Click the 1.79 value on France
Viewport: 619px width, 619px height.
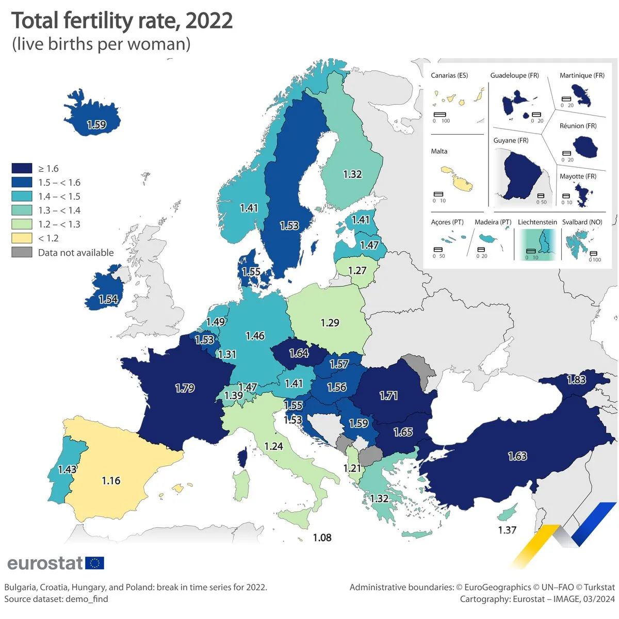(185, 388)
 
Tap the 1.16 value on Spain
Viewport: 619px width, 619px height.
(111, 481)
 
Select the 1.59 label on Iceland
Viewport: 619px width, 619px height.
(96, 125)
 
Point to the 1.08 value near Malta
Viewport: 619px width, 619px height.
(322, 538)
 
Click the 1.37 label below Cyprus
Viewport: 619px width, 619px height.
(507, 530)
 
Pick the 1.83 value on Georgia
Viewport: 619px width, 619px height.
(576, 380)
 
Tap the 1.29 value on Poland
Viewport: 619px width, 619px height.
(330, 323)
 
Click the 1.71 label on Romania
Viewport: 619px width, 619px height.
(388, 396)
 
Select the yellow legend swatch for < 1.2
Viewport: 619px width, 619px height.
(22, 238)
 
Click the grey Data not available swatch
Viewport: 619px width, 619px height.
(22, 252)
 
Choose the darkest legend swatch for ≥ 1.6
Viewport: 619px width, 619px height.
(22, 169)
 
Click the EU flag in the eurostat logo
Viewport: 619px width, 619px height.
(94, 563)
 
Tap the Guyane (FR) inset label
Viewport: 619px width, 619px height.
(511, 140)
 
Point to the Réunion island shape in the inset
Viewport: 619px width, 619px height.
(585, 148)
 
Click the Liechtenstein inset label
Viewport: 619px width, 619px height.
(537, 222)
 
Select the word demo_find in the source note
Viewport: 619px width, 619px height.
(87, 599)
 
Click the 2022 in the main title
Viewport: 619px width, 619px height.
(209, 21)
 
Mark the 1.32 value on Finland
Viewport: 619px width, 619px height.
(352, 174)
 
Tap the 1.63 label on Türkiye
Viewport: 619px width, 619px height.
(517, 456)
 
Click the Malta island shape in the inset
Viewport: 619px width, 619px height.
(457, 178)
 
